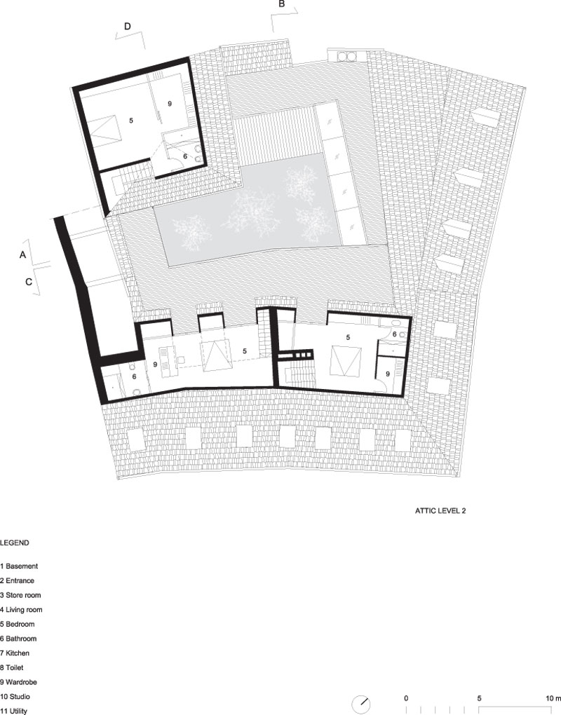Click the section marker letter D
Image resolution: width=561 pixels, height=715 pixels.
(x=128, y=27)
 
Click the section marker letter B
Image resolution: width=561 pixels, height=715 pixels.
(x=281, y=4)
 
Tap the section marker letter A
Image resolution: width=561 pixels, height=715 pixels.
(x=23, y=255)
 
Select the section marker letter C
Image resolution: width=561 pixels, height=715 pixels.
(x=29, y=282)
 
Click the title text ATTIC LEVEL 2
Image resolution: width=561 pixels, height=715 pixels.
(x=440, y=511)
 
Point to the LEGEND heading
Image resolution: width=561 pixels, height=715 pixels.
(x=15, y=543)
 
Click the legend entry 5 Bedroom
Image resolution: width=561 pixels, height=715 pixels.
(x=18, y=624)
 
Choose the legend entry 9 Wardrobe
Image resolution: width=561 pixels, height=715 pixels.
(x=19, y=682)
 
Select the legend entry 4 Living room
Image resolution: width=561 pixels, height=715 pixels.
(x=22, y=609)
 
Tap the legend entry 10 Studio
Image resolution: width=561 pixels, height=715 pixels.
(x=15, y=696)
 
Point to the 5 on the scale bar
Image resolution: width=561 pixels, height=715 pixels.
(x=479, y=698)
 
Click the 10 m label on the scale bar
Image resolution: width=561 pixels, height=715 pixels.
(x=553, y=698)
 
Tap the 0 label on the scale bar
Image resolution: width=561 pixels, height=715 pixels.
(x=406, y=698)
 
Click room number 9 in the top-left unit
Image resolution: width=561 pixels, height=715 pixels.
(x=170, y=104)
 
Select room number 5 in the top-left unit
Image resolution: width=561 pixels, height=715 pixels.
(x=131, y=121)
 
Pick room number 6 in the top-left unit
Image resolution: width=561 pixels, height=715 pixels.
(x=185, y=156)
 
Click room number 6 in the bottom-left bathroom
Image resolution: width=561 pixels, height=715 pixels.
(x=134, y=376)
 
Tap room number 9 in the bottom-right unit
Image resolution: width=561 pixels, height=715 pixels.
(x=388, y=374)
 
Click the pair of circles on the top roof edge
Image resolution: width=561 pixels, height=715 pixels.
(x=345, y=57)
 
